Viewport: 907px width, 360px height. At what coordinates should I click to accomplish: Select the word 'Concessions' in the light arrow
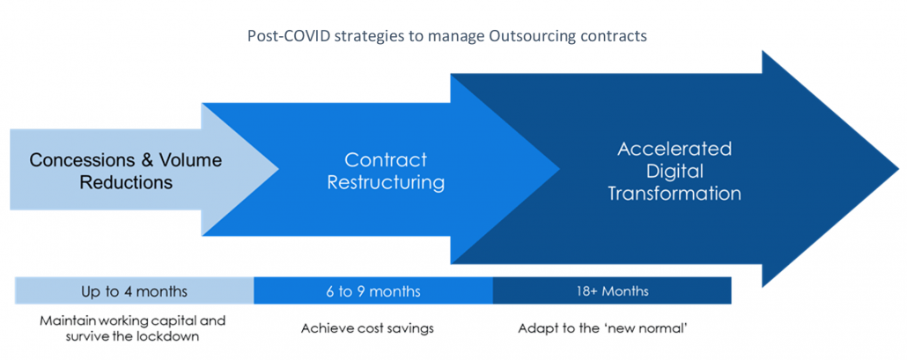(x=77, y=160)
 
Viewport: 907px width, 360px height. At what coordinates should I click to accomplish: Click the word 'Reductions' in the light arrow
(x=126, y=182)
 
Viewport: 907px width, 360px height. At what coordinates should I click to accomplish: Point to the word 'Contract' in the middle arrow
(x=385, y=160)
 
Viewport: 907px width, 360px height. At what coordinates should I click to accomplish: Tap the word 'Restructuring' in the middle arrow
(x=385, y=182)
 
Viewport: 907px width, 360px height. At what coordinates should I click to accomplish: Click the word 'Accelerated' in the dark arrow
(x=675, y=149)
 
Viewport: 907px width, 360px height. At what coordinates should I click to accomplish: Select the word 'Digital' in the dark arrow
(x=675, y=171)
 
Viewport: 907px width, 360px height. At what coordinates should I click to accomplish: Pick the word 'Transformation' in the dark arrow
(x=675, y=194)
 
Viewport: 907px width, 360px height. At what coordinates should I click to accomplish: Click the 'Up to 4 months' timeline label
(x=134, y=290)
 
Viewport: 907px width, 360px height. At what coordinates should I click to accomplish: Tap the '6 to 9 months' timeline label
(x=373, y=290)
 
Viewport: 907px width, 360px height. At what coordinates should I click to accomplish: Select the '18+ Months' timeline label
(x=612, y=290)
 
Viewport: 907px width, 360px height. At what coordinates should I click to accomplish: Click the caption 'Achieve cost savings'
(x=367, y=328)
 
